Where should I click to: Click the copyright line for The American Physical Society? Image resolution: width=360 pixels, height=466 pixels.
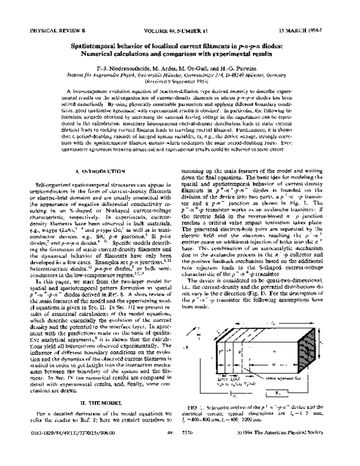pyautogui.click(x=286, y=458)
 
